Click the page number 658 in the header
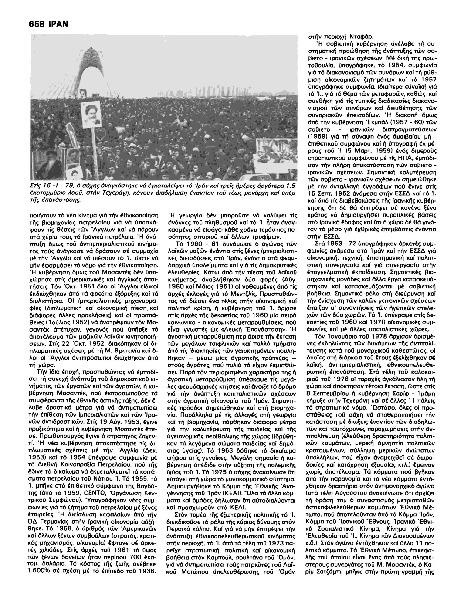pos(37,24)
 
